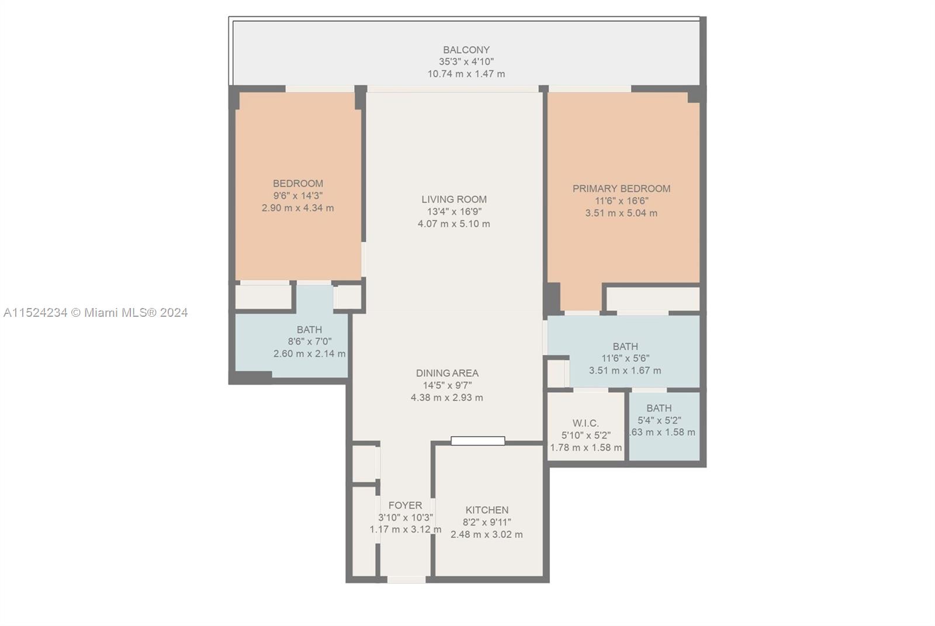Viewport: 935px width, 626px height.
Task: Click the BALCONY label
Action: [x=466, y=50]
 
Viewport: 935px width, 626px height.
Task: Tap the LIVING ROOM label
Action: [x=454, y=199]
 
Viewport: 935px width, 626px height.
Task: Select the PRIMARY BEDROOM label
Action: [x=621, y=189]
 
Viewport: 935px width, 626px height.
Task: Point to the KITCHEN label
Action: [x=487, y=510]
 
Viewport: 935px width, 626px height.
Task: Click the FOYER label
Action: [x=405, y=506]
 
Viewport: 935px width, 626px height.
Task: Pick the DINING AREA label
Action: [x=447, y=373]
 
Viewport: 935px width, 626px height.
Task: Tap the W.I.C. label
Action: [x=586, y=423]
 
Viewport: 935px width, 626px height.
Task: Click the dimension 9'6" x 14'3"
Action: [x=298, y=196]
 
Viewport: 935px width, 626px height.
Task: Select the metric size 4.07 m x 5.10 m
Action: [x=454, y=224]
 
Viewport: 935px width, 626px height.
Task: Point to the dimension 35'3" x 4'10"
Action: [x=466, y=62]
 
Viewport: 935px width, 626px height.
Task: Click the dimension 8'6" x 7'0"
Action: [x=309, y=342]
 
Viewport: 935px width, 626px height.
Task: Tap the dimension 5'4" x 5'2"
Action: [x=659, y=420]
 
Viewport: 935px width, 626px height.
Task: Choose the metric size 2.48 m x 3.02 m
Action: [x=487, y=534]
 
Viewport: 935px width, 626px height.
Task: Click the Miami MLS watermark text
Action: [x=95, y=313]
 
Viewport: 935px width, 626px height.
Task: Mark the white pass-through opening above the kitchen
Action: [x=477, y=441]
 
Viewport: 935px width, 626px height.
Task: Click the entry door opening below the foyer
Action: [x=406, y=579]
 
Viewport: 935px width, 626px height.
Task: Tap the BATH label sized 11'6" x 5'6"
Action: [x=625, y=347]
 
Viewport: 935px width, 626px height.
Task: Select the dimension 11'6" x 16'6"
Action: [x=621, y=201]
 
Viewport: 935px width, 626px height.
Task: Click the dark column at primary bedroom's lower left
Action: [x=552, y=298]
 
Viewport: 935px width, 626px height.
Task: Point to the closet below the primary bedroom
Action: [x=652, y=299]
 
